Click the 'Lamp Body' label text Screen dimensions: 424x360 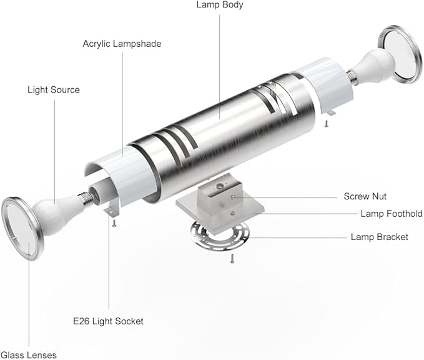point(220,5)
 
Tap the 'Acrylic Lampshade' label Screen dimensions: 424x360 point(122,44)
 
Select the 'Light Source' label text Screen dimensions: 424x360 point(54,90)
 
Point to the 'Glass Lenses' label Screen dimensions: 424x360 point(29,355)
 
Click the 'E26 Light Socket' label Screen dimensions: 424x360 point(108,321)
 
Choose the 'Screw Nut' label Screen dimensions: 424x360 point(365,196)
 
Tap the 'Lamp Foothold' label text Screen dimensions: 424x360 point(392,214)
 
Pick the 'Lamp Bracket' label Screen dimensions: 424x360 point(380,237)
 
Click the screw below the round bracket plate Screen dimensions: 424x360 point(232,259)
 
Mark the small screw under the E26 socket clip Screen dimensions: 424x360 point(114,223)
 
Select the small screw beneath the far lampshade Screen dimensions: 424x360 point(327,123)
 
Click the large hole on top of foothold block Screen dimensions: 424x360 point(220,186)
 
